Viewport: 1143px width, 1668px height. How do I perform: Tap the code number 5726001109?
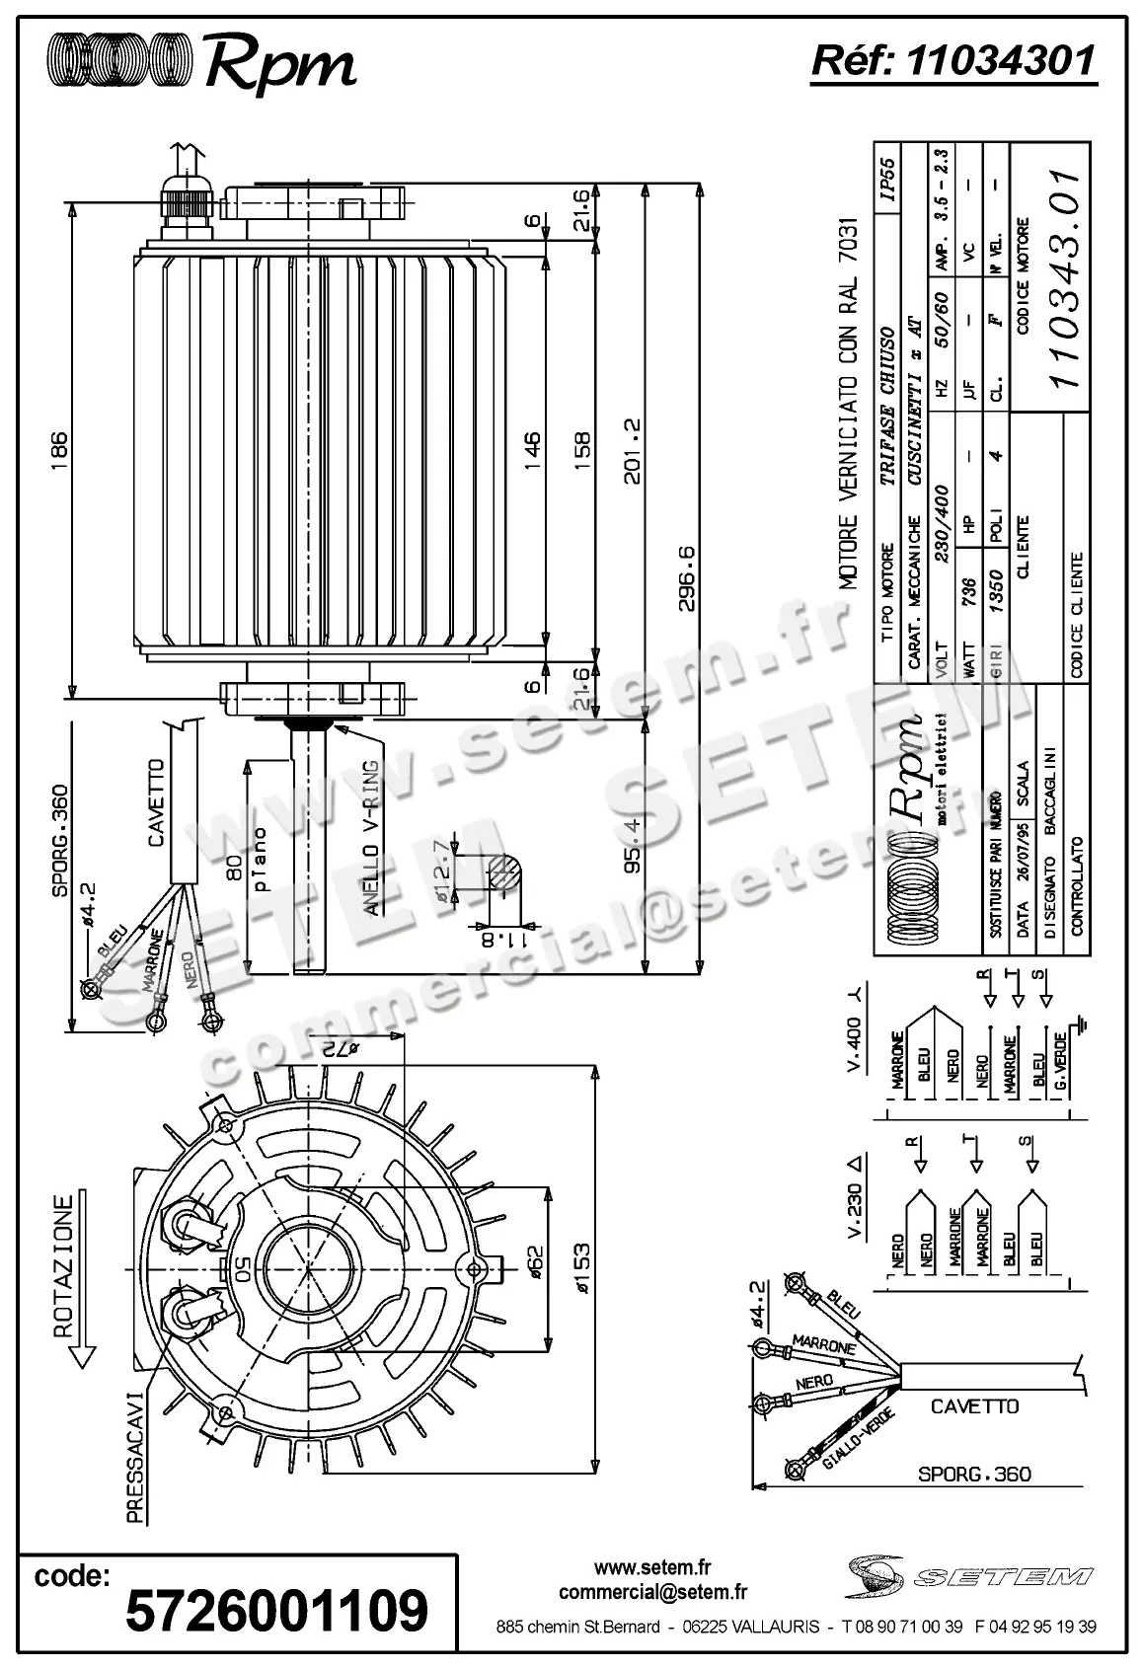pos(277,1610)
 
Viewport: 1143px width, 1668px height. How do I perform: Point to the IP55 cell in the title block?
pos(886,180)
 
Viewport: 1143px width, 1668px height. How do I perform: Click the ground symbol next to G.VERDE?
pos(1083,1026)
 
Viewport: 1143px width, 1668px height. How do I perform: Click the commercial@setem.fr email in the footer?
pos(652,1592)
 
